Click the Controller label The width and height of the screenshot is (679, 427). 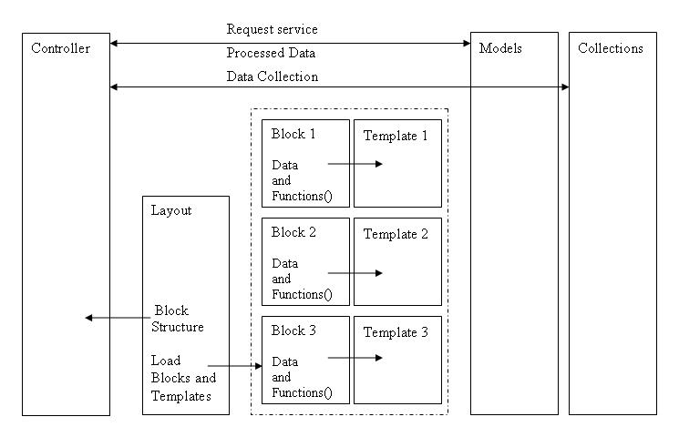tap(61, 48)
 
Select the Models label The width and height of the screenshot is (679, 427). tap(500, 48)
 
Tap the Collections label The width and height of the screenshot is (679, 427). tap(610, 48)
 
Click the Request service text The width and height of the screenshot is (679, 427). tap(272, 29)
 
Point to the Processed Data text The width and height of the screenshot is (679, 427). tap(273, 53)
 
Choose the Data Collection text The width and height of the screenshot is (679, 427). tap(273, 76)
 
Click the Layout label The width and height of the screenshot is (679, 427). tap(170, 210)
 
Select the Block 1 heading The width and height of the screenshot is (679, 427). tap(293, 133)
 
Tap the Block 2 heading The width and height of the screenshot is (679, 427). tap(293, 232)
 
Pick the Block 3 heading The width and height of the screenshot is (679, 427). tap(293, 330)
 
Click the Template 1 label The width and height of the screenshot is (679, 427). tap(396, 136)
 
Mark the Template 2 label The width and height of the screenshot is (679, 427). tap(396, 234)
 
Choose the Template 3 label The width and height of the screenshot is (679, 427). tap(396, 332)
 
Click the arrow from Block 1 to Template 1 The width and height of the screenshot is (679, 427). tap(355, 164)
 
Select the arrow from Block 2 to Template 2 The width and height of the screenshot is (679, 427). tap(355, 272)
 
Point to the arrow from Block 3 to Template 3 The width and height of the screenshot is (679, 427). tap(355, 358)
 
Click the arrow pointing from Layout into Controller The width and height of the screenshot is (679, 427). tap(117, 318)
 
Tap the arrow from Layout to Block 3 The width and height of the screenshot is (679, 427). tap(234, 366)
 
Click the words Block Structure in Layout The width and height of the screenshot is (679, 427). tap(177, 319)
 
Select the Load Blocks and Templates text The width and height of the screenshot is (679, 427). tap(183, 378)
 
